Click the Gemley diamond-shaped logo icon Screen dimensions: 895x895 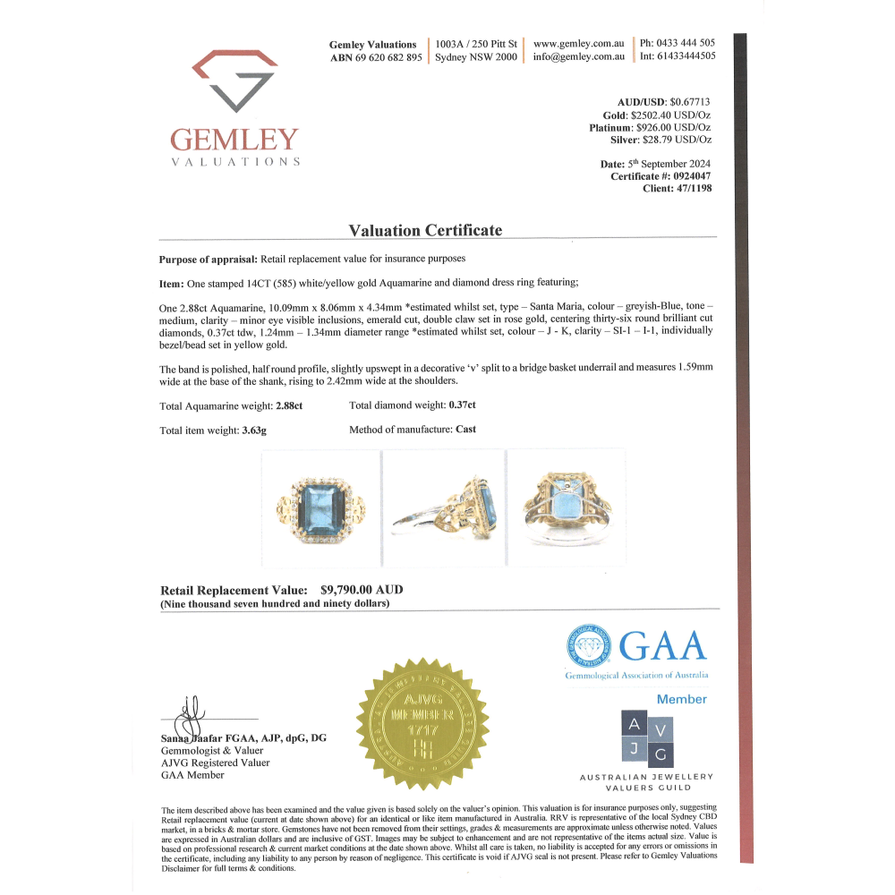pyautogui.click(x=234, y=81)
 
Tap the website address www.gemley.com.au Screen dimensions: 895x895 pyautogui.click(x=578, y=43)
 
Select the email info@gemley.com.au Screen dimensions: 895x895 pyautogui.click(x=578, y=57)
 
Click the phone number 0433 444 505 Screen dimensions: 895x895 pyautogui.click(x=685, y=43)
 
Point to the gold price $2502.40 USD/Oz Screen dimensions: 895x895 pyautogui.click(x=670, y=115)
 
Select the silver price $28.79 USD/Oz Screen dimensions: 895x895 pyautogui.click(x=678, y=141)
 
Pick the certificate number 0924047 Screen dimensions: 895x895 pyautogui.click(x=688, y=176)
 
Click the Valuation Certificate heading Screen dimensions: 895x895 pyautogui.click(x=425, y=230)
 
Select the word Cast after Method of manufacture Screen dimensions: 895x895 pyautogui.click(x=465, y=430)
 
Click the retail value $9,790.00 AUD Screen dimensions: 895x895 pyautogui.click(x=362, y=591)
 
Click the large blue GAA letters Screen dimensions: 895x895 pyautogui.click(x=663, y=645)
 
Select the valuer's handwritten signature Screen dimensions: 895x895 pyautogui.click(x=190, y=715)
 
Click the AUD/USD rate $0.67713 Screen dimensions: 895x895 pyautogui.click(x=691, y=103)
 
